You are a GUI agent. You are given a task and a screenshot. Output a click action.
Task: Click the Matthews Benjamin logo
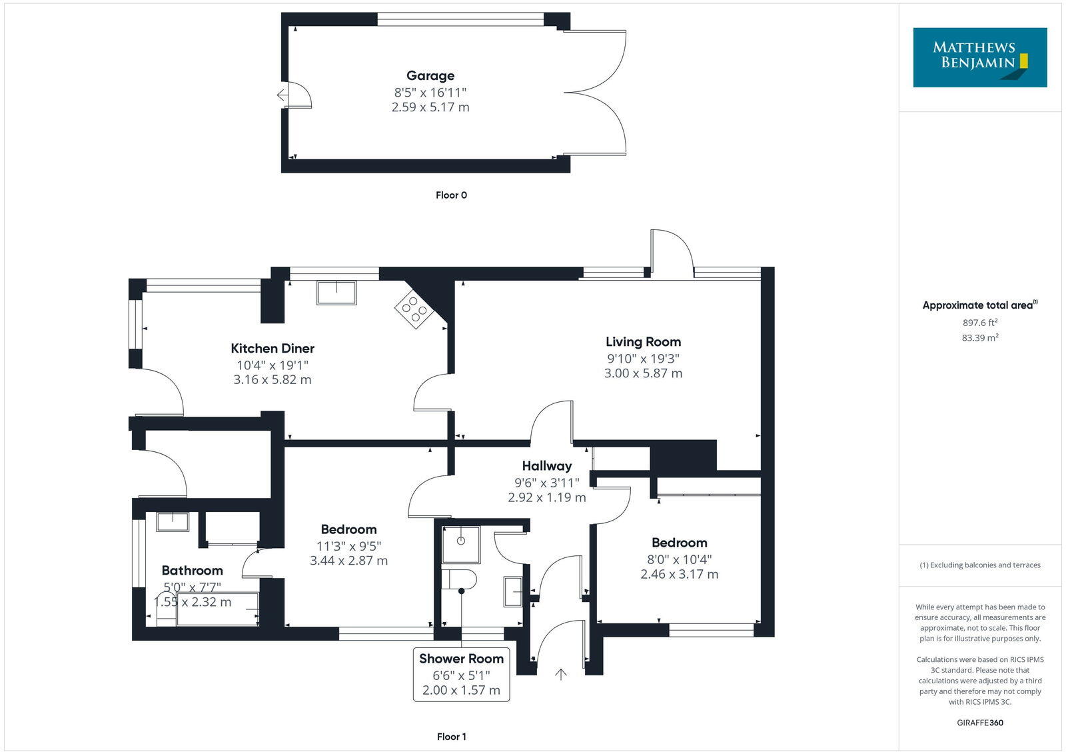979,57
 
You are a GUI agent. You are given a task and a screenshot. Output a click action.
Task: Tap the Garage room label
430,76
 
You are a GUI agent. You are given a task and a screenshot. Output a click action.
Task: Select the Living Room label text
643,342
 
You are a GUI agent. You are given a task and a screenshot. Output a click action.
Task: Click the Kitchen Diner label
272,348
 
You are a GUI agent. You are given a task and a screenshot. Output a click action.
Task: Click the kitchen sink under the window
336,293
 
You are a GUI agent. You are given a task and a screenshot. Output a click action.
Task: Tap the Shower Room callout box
461,674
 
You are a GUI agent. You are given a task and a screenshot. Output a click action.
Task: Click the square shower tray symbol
461,545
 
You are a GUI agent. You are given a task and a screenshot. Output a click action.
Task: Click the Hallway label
546,466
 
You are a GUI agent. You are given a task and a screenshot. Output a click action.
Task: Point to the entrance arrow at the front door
561,674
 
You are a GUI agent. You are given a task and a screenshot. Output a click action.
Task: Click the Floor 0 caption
451,195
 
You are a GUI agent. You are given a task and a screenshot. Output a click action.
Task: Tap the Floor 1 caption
451,737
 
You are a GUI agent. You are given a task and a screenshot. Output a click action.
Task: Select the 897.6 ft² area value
979,323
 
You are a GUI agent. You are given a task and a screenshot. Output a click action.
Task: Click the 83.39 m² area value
979,338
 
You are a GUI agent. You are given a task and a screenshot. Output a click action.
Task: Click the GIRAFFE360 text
979,723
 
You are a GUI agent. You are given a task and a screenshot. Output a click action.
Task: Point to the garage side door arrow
282,95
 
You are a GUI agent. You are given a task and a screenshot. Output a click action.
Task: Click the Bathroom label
192,571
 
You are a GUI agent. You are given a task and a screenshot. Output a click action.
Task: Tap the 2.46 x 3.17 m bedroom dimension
679,574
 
